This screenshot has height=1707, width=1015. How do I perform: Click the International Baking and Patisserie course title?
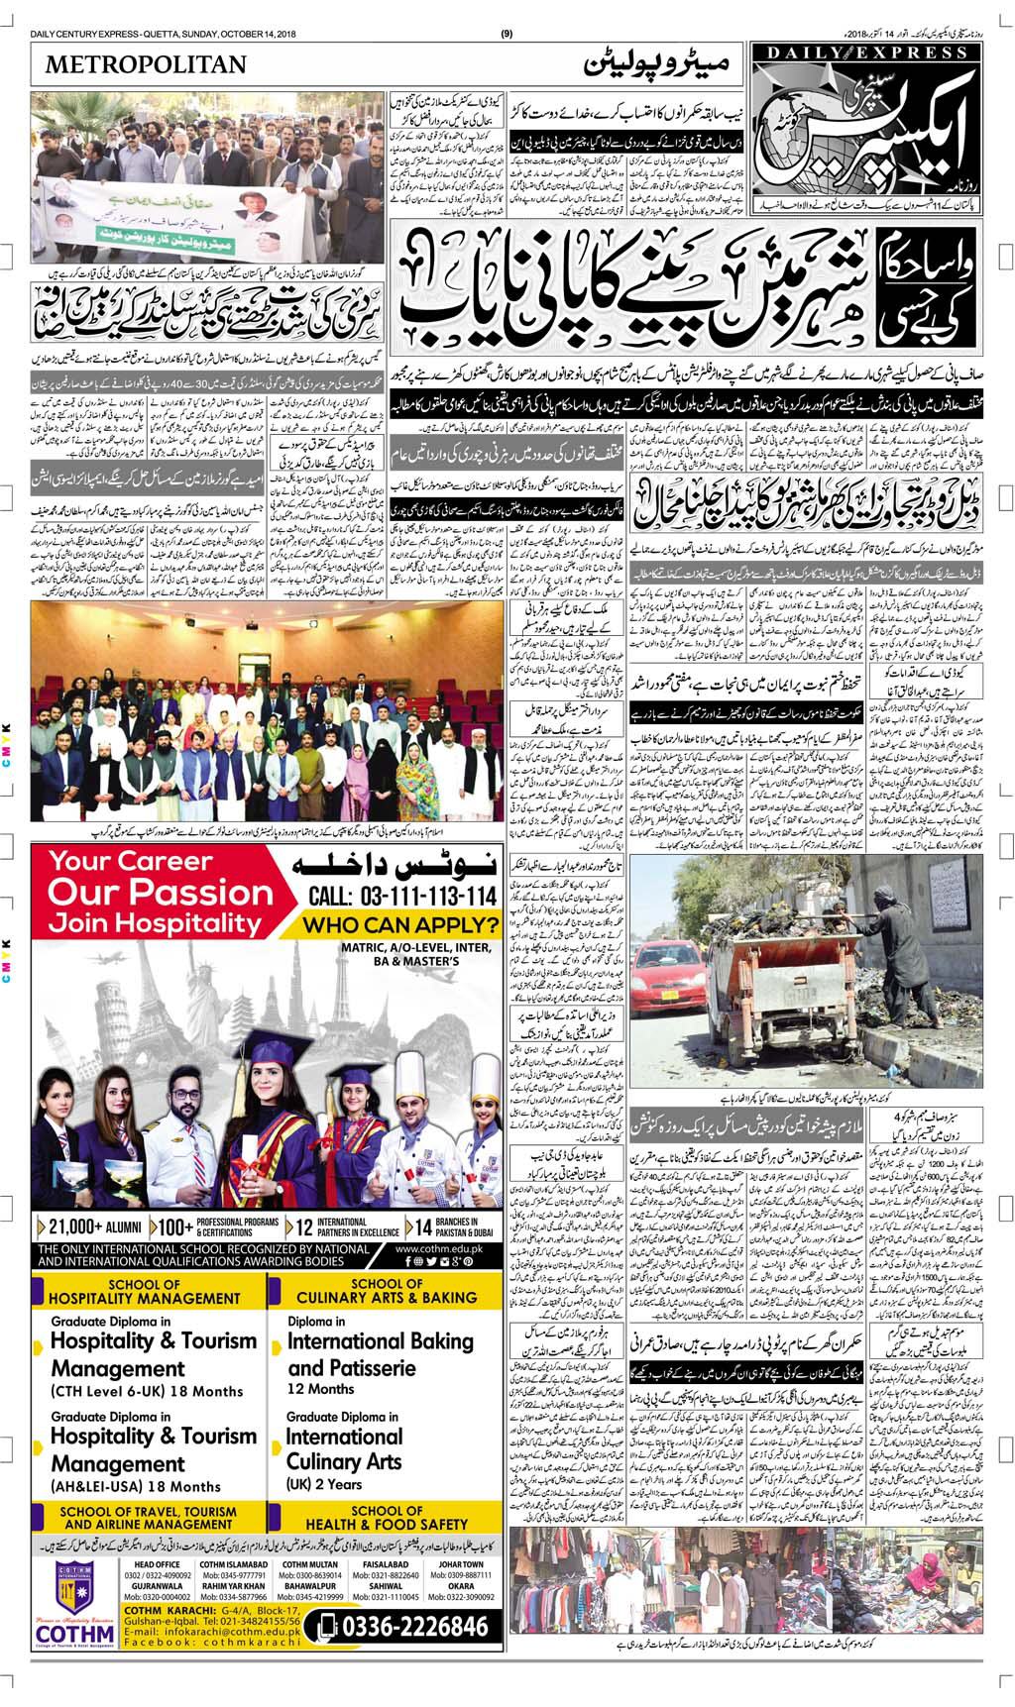(380, 1354)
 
